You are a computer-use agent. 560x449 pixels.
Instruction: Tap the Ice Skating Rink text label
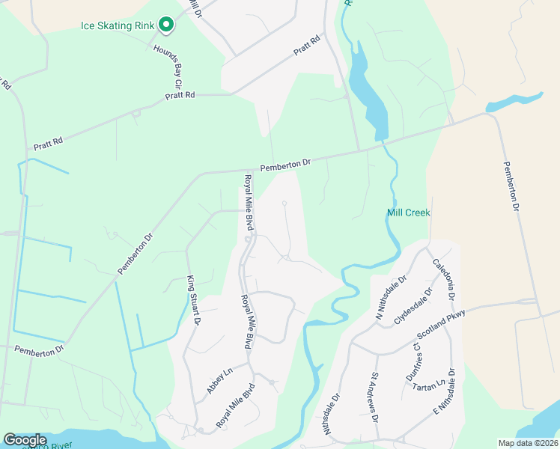[118, 25]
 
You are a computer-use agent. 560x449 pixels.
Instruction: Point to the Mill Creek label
[408, 213]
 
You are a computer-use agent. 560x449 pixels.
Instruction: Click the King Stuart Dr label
[193, 300]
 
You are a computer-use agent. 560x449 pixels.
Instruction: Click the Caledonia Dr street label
[444, 280]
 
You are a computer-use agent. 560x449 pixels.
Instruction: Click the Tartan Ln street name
[430, 384]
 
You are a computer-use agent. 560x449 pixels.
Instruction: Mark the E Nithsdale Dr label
[445, 392]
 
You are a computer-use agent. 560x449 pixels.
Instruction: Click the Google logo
[25, 440]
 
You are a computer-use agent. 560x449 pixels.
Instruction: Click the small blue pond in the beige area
[516, 101]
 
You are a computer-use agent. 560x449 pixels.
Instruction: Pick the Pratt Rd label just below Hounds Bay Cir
[180, 95]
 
